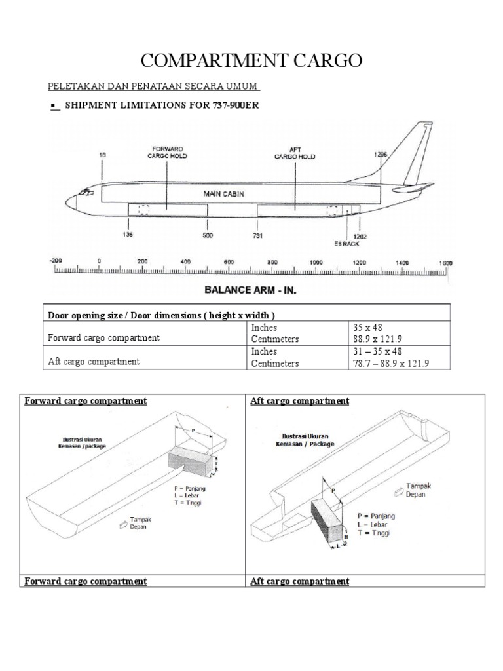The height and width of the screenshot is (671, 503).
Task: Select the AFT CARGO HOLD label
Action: coord(294,153)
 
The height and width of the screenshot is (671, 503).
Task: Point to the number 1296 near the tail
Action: coord(381,155)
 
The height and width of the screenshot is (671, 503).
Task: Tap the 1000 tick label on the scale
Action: coord(316,261)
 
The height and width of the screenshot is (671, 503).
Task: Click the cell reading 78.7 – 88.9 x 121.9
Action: coord(391,363)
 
